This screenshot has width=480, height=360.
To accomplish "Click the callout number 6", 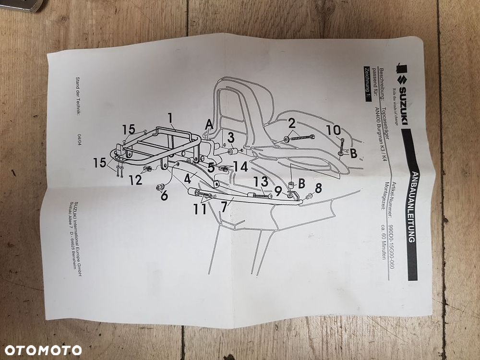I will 164,196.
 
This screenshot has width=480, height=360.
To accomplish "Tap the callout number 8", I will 317,188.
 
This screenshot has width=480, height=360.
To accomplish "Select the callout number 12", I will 135,180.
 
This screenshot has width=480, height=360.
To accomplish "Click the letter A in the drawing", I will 208,124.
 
